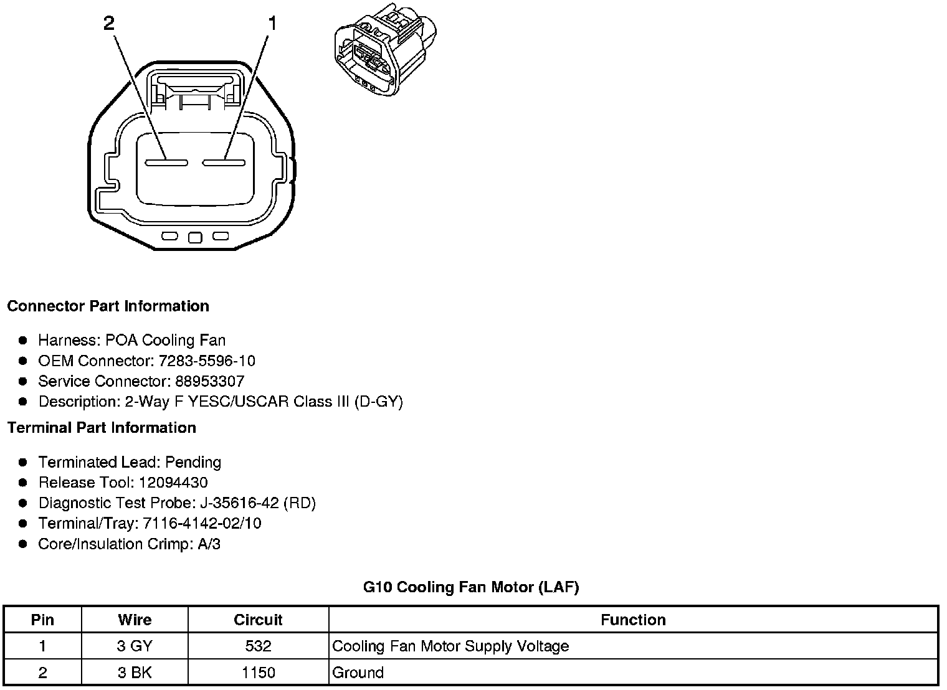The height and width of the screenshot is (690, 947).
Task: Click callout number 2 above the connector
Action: point(109,24)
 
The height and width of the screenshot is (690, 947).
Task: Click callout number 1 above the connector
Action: point(272,24)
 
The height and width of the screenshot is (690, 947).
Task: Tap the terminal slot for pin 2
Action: point(166,163)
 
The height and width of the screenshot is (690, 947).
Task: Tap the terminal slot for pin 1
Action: point(224,163)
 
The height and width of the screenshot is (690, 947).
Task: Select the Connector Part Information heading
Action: point(108,306)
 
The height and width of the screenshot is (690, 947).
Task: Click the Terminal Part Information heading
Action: point(102,428)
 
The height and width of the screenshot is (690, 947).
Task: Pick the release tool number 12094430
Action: point(173,483)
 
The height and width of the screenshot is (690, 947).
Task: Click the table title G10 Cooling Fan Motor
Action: point(471,587)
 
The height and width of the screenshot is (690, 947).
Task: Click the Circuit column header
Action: point(258,620)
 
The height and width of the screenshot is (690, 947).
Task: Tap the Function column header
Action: point(633,620)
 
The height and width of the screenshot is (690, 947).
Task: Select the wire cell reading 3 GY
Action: point(135,646)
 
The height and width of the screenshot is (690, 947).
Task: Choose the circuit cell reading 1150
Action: point(258,673)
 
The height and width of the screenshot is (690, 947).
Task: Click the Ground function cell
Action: point(358,673)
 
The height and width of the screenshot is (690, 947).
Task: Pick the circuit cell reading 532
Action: point(258,646)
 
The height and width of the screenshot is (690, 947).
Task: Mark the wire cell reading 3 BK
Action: point(135,673)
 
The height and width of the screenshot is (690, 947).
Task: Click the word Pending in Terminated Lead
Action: point(193,463)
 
